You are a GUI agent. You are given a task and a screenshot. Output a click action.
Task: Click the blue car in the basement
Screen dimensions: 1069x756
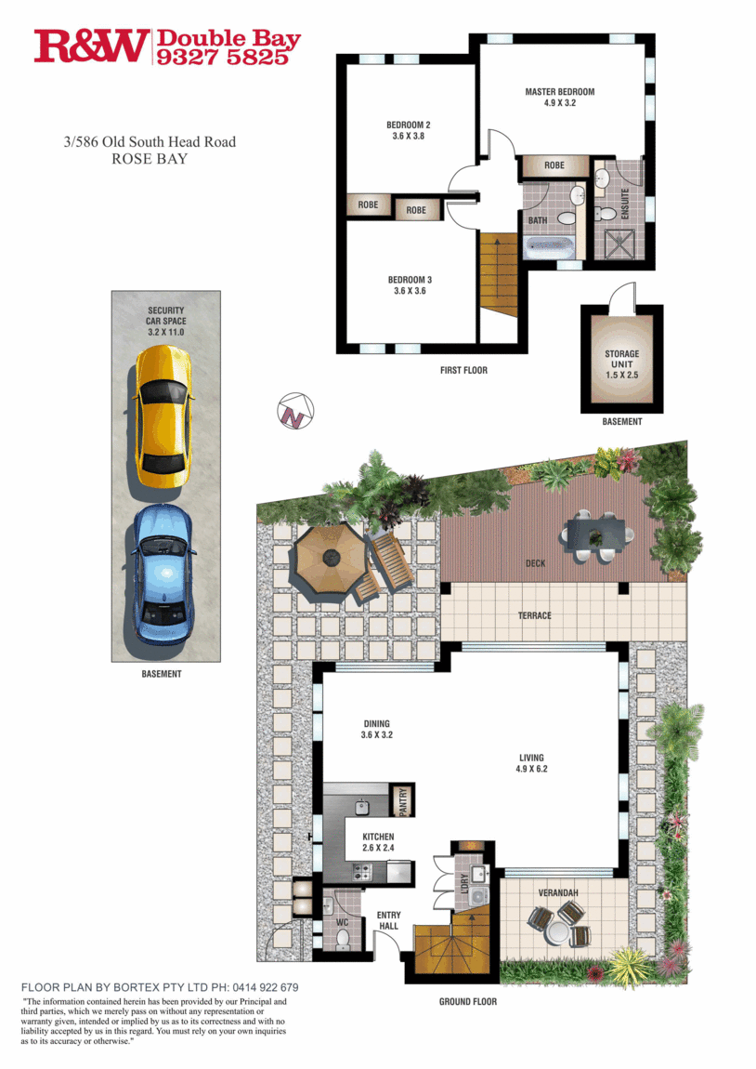[x=163, y=576]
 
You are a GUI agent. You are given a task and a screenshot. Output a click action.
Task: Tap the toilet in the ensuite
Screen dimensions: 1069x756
[x=607, y=212]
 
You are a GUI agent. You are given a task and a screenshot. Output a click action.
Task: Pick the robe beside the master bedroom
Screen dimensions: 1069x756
[x=554, y=165]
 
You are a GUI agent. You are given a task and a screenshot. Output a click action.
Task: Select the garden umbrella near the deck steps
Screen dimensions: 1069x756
[x=326, y=561]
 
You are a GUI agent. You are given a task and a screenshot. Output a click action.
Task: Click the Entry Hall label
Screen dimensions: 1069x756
[x=388, y=921]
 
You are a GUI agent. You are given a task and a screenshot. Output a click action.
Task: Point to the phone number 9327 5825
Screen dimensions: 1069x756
[x=228, y=57]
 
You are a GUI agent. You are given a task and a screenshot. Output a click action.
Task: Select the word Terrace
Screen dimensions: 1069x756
[x=535, y=615]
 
